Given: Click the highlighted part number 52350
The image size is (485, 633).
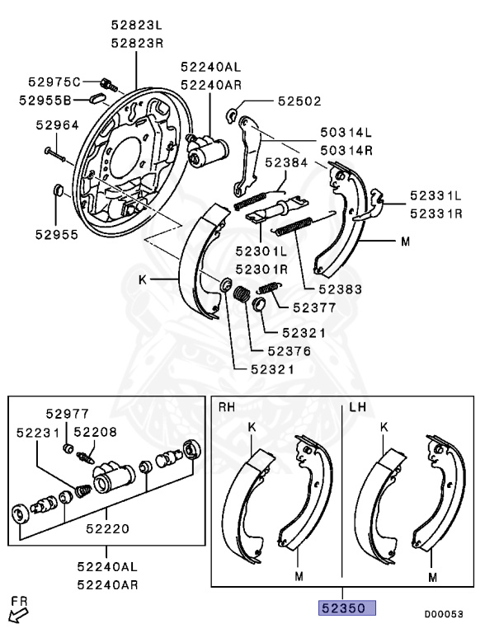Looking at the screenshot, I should [347, 608].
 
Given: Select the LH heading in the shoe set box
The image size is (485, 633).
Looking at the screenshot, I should [358, 408].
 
